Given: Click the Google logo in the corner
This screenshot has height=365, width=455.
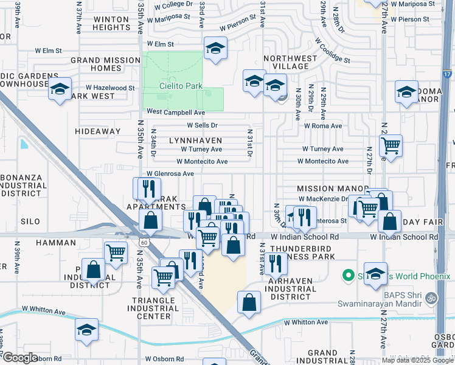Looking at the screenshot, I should [19, 357].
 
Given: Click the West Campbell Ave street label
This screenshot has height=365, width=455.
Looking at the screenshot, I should [175, 113].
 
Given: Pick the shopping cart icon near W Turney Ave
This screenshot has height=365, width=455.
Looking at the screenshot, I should [390, 145].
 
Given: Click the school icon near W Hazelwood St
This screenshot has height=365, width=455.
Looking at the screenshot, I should [60, 90].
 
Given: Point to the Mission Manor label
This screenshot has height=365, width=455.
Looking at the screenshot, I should [333, 189].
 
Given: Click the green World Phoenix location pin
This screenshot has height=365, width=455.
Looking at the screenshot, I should [349, 276].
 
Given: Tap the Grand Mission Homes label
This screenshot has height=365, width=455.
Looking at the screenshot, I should [106, 64].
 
